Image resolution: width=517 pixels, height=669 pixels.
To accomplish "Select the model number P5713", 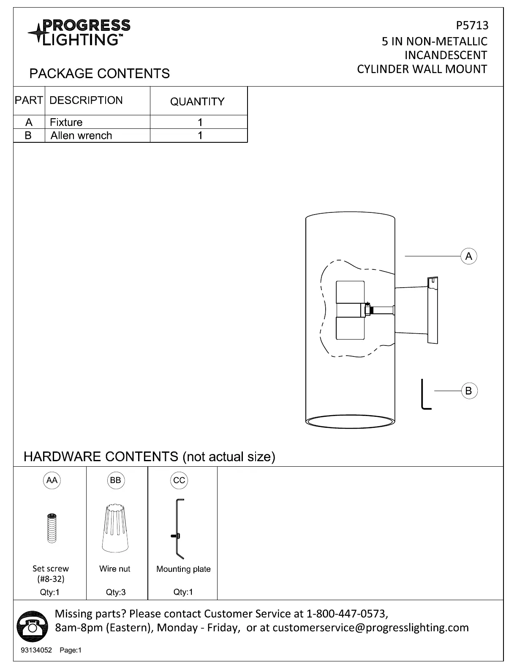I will click(472, 26).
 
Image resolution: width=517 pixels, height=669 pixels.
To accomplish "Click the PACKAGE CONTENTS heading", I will click(99, 73).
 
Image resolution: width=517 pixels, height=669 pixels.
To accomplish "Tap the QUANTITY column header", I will click(197, 101).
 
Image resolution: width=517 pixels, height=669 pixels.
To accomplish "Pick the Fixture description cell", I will click(66, 122).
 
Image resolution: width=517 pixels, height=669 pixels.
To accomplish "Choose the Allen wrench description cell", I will click(82, 136).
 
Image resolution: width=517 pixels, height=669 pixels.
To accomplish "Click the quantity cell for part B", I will click(200, 136).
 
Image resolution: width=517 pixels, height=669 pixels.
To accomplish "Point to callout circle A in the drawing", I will click(468, 256).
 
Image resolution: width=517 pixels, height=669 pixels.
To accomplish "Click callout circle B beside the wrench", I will click(468, 391).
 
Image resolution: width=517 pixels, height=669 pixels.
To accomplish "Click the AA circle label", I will click(52, 480).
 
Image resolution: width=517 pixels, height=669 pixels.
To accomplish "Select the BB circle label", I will click(115, 480).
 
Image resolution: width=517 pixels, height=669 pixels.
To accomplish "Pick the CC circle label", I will click(179, 480).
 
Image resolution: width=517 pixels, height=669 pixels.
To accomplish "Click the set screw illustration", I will click(52, 528).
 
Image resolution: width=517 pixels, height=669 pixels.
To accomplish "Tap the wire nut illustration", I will click(115, 528).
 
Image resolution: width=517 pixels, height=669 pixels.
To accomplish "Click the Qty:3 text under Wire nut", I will click(116, 592).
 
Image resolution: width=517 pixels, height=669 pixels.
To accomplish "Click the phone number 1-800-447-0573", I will click(346, 613).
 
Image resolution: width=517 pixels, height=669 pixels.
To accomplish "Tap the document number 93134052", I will click(36, 650).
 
